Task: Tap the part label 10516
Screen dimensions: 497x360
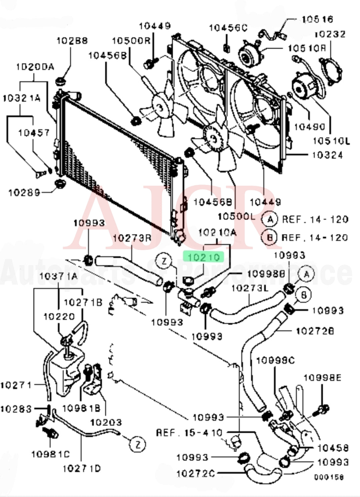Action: (317, 19)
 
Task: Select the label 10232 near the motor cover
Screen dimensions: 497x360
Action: (330, 34)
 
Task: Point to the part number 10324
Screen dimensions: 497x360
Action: (327, 155)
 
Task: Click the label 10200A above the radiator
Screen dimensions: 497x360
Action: (35, 67)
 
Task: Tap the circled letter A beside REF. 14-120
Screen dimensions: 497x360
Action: (270, 219)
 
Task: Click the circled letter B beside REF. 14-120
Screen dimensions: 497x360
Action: (270, 238)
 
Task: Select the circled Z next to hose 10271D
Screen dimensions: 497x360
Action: (138, 444)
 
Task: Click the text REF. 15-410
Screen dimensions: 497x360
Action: (189, 432)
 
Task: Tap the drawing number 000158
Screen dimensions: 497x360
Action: (329, 476)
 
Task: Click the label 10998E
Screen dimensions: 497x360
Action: (322, 378)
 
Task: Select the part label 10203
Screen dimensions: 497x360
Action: (106, 422)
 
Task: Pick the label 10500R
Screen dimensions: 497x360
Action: (131, 40)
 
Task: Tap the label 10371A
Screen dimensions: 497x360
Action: (58, 276)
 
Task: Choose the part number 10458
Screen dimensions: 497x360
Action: (333, 448)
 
